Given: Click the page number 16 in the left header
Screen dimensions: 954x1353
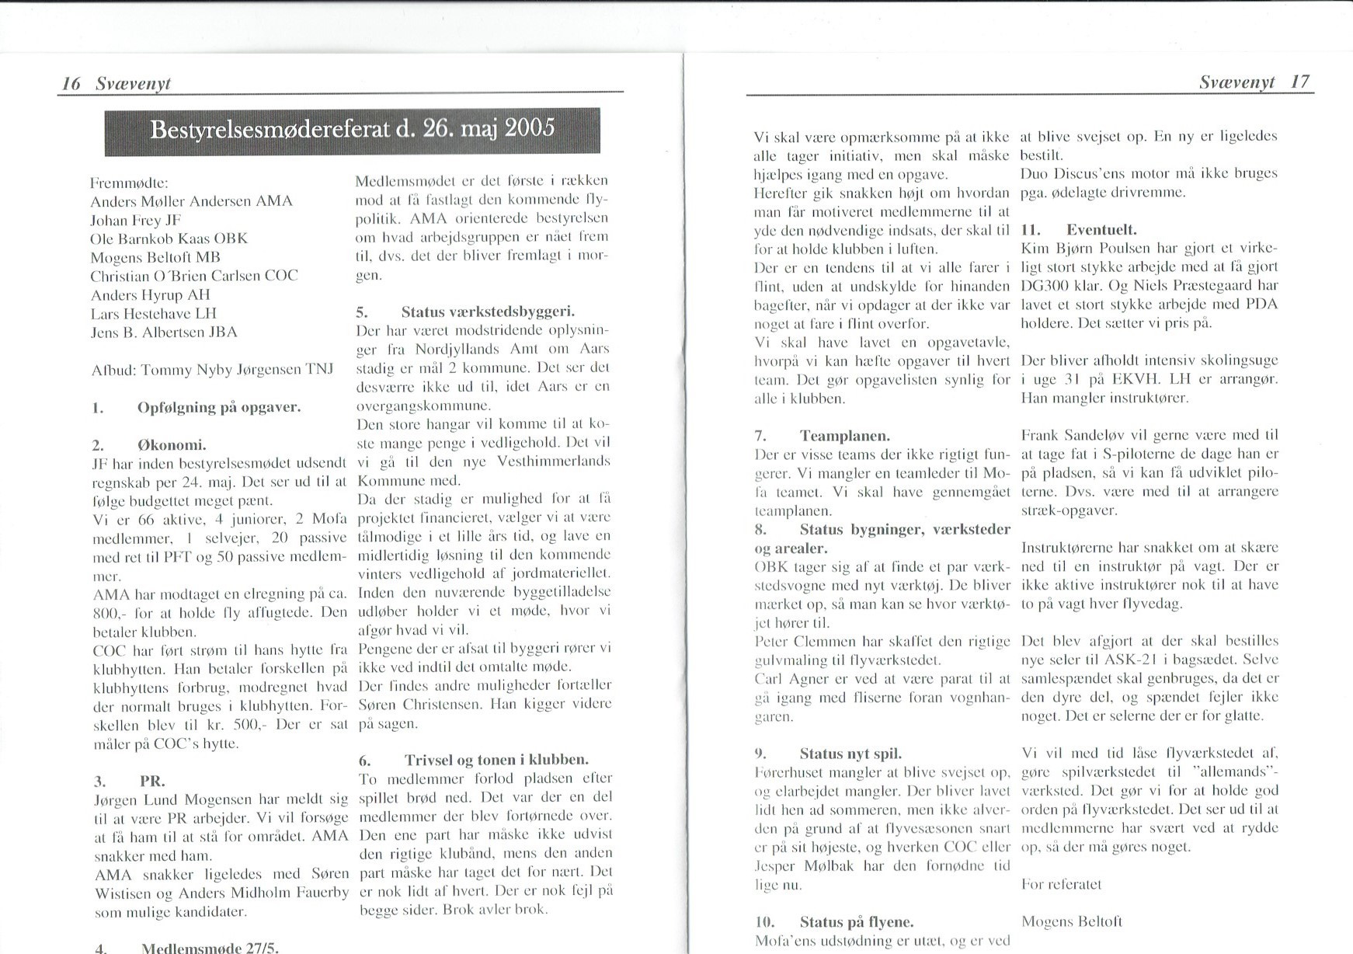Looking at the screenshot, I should click(71, 84).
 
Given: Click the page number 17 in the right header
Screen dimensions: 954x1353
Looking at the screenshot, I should click(1300, 82).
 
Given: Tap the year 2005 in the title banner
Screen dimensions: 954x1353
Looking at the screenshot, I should click(530, 128).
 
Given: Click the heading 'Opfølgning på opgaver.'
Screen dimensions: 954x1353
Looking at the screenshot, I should click(218, 407).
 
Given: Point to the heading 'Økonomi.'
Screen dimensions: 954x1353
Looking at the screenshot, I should click(171, 445).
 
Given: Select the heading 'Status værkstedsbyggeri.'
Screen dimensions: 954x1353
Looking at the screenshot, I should click(488, 312).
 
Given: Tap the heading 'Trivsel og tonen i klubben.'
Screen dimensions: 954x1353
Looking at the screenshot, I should click(496, 760).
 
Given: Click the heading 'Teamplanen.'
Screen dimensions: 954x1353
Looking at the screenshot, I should click(844, 436).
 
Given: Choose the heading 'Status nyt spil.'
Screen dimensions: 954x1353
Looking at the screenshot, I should click(850, 754).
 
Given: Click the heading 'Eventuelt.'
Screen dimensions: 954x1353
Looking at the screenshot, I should click(1101, 230).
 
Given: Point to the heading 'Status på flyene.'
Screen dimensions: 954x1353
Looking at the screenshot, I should click(856, 922).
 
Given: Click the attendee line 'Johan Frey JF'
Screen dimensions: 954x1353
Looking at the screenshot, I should click(135, 220).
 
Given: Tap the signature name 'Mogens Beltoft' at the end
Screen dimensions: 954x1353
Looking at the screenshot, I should click(1072, 921).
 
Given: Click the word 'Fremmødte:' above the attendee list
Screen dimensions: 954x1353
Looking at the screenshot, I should click(125, 183).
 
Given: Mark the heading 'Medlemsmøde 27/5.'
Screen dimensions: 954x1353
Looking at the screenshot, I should click(210, 948).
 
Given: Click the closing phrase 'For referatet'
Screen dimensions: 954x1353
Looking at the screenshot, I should click(1061, 884).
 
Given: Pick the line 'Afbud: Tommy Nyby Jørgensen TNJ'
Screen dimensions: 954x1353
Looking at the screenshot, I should click(212, 370).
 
